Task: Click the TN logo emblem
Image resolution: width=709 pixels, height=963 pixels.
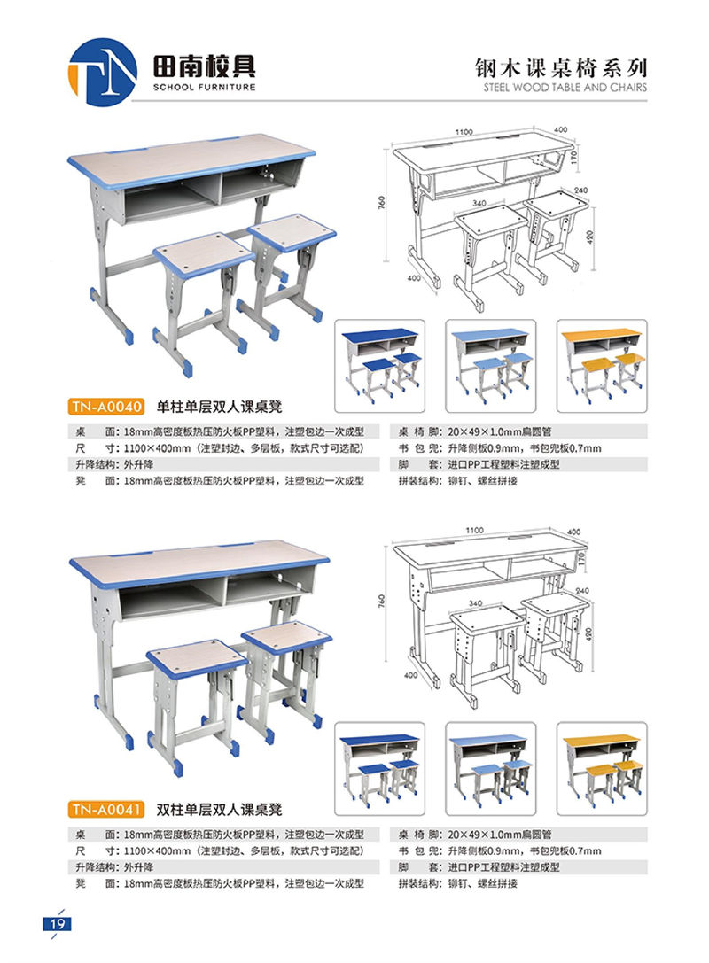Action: coord(102,72)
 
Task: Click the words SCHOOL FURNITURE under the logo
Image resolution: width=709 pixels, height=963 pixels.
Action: coord(204,87)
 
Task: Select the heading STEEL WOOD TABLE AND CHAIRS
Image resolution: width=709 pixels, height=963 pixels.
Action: coord(565,87)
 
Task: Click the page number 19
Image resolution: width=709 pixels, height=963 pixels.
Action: coord(57,924)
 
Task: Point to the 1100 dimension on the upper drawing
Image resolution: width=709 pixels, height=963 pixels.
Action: coord(464,132)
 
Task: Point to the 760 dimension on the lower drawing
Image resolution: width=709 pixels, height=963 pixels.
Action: coord(381,600)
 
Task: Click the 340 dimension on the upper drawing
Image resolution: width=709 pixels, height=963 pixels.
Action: coord(479,203)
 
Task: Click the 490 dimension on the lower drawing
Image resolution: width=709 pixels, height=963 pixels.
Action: coord(590,633)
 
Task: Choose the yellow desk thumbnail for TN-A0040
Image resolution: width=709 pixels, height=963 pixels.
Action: coord(602,366)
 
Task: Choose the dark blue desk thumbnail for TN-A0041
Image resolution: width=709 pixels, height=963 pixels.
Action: coord(379,769)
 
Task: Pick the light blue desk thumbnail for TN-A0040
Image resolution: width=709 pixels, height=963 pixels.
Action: coord(490,366)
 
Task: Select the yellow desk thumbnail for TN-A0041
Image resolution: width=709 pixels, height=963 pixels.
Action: coord(602,769)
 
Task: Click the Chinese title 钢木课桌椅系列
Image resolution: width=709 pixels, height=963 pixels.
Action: coord(560,67)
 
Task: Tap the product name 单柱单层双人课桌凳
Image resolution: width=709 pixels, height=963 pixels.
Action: coord(219,407)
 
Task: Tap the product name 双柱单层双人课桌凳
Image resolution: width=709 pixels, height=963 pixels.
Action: coord(219,810)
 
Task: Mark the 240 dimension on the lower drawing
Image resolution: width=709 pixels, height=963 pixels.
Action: coord(581,590)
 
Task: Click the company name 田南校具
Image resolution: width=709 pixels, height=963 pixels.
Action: coord(204,66)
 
